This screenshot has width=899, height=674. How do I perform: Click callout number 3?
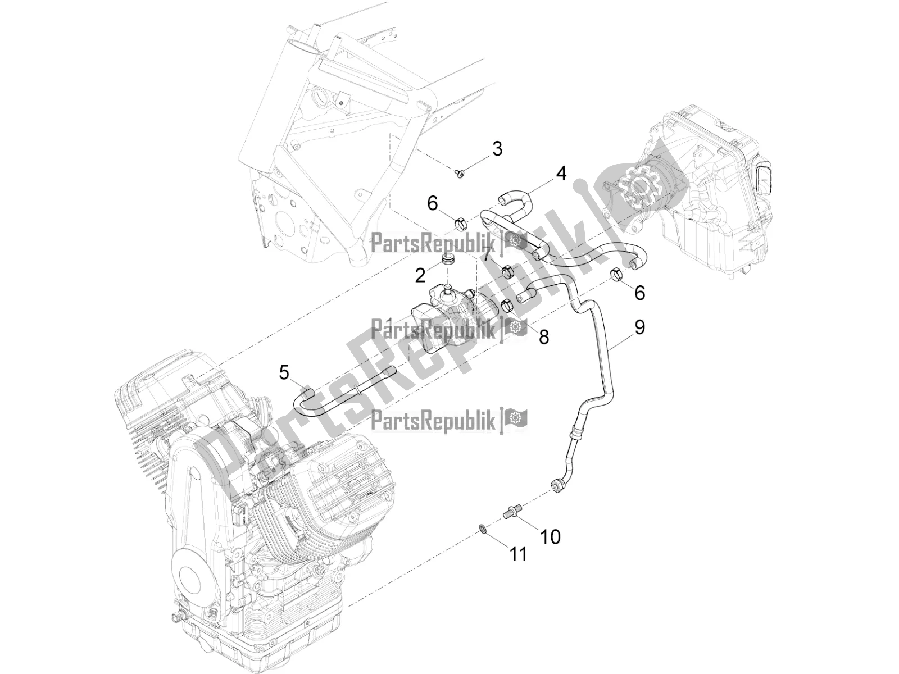click(x=497, y=149)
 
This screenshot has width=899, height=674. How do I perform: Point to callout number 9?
click(x=640, y=327)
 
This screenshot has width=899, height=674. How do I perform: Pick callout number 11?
click(x=518, y=555)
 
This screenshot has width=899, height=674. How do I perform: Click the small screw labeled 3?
click(x=460, y=174)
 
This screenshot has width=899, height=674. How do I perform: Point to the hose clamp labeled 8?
click(x=506, y=307)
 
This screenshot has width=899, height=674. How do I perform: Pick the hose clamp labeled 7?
click(x=506, y=273)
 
